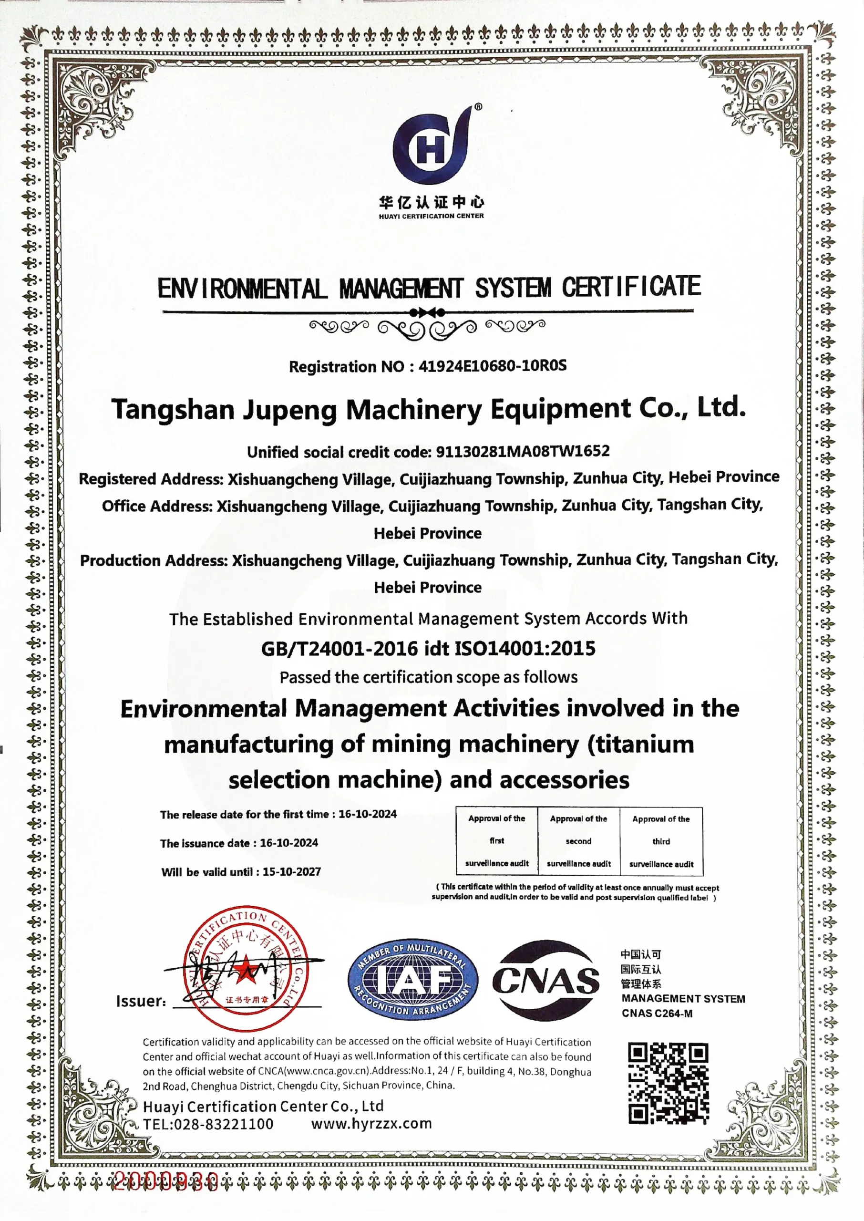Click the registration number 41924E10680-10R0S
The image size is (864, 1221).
click(492, 366)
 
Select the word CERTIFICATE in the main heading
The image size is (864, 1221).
click(631, 287)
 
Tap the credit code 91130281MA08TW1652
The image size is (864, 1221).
click(523, 451)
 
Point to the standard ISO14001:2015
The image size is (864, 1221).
click(525, 648)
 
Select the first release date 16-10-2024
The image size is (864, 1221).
click(367, 814)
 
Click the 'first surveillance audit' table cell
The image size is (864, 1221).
click(496, 841)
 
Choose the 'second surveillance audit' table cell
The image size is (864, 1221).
click(578, 841)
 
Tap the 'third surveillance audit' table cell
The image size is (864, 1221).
click(661, 841)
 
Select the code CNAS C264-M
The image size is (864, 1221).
click(657, 1014)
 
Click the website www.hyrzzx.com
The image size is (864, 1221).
click(371, 1124)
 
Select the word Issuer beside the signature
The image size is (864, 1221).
click(141, 1001)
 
